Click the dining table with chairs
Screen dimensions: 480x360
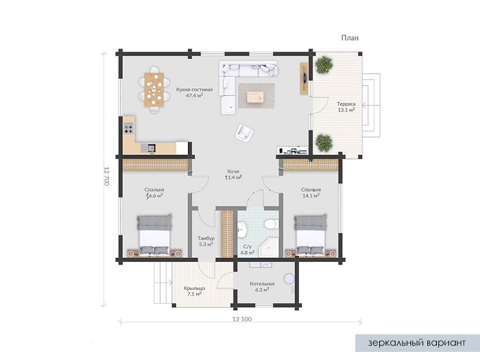(x=154, y=89)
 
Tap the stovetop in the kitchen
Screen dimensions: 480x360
(x=129, y=128)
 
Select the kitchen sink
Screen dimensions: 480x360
(x=148, y=148)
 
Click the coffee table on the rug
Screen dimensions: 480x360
(x=254, y=97)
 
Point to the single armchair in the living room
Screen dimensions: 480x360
(x=244, y=133)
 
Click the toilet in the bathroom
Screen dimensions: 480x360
(x=271, y=225)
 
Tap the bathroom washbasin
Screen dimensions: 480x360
(x=243, y=229)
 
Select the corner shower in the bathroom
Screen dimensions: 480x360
(x=269, y=248)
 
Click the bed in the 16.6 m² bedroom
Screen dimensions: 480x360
(x=154, y=235)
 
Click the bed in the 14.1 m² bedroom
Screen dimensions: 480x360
(x=310, y=235)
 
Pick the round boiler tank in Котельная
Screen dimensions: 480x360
(x=289, y=278)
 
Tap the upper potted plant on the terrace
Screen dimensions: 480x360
(x=324, y=64)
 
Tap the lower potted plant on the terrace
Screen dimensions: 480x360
(x=324, y=143)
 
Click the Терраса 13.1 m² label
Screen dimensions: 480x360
(x=346, y=107)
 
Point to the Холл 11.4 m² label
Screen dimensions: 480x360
(x=233, y=174)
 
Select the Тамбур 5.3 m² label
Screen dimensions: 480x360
(x=206, y=241)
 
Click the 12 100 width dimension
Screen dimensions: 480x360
(x=242, y=319)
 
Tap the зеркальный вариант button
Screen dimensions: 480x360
(x=417, y=343)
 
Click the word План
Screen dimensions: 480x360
(x=350, y=38)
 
